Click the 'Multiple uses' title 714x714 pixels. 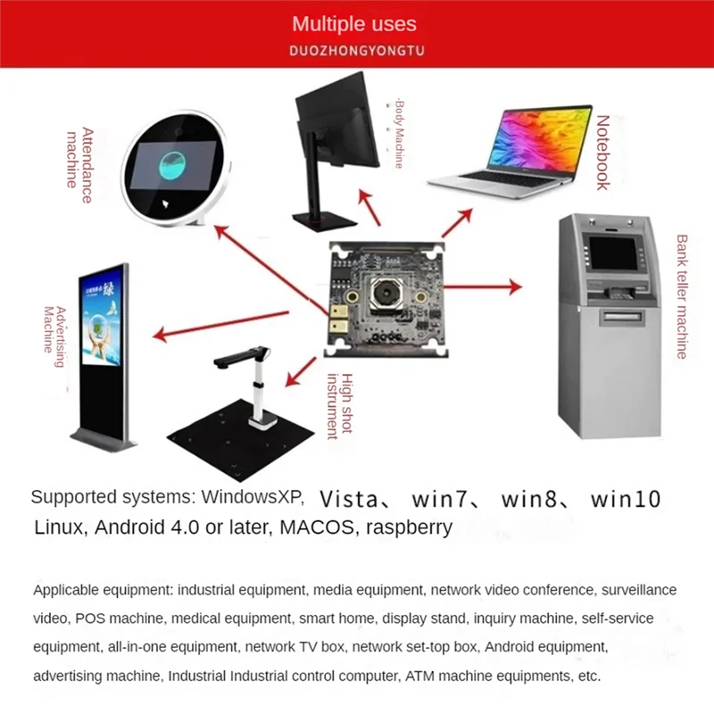pyautogui.click(x=354, y=24)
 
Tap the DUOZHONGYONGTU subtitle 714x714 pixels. pyautogui.click(x=356, y=51)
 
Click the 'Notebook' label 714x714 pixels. pyautogui.click(x=603, y=152)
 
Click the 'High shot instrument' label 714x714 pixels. pyautogui.click(x=340, y=406)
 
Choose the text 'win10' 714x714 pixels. pyautogui.click(x=626, y=498)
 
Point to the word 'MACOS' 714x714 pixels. pyautogui.click(x=313, y=527)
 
